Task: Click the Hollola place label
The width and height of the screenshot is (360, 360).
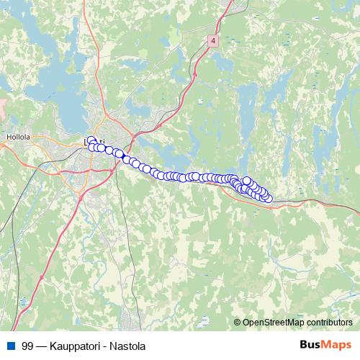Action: click(17, 135)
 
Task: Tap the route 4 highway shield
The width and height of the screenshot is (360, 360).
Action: click(214, 42)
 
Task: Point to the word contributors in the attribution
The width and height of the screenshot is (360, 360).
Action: click(328, 323)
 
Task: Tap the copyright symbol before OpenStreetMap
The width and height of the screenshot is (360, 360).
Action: click(238, 323)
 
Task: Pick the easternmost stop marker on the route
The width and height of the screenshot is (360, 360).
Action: click(269, 198)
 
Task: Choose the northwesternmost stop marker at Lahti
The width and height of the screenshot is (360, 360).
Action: click(90, 141)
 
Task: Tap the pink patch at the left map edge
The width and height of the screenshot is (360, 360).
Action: click(2, 108)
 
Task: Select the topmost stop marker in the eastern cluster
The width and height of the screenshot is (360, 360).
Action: click(247, 181)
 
